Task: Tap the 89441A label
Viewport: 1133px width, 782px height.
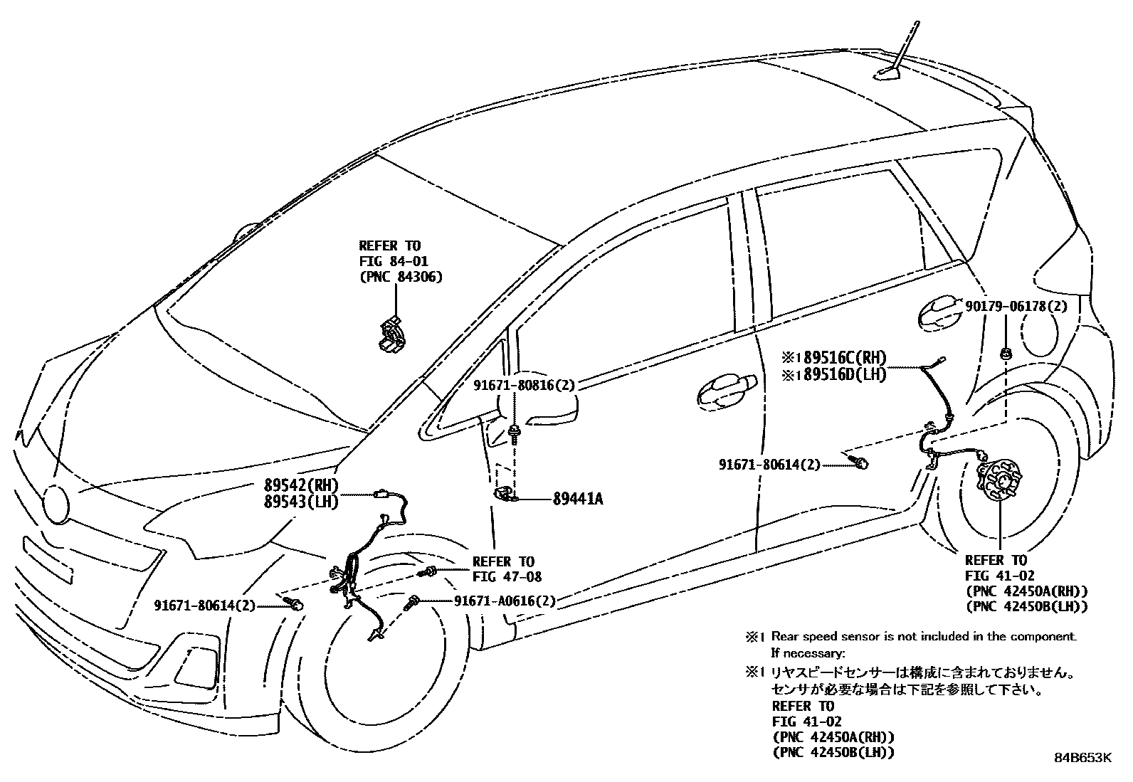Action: [x=577, y=500]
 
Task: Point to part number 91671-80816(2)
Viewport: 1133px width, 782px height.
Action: [x=524, y=386]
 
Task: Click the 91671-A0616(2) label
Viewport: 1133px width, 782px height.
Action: [x=505, y=601]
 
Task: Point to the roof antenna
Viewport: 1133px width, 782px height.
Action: [x=900, y=53]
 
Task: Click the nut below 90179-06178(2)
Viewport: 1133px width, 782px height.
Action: [x=1006, y=352]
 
